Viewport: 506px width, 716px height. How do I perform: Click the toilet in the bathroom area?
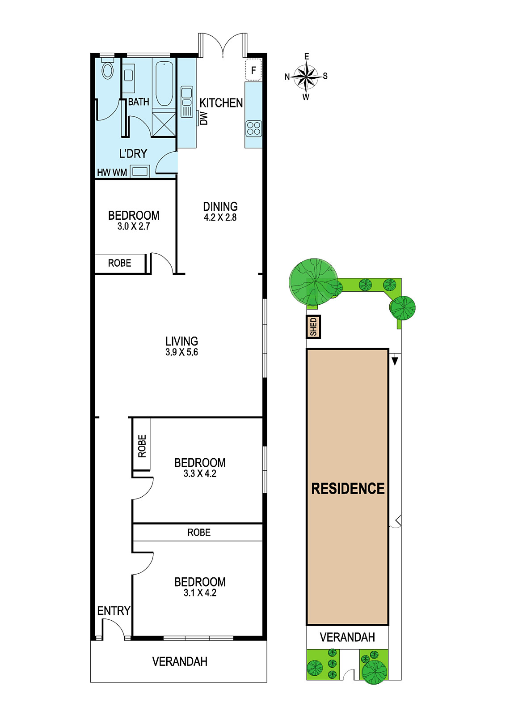point(107,68)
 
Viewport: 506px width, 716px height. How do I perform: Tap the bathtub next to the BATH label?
point(164,83)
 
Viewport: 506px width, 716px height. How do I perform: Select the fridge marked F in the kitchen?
point(253,70)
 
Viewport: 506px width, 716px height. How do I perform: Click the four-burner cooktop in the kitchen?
point(253,128)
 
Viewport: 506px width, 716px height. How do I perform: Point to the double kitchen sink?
point(186,102)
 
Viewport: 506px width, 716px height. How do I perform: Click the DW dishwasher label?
point(203,118)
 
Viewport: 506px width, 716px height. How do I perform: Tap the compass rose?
point(306,77)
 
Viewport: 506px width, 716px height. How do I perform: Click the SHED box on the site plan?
point(313,327)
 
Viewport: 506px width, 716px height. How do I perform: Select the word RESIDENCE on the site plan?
point(348,489)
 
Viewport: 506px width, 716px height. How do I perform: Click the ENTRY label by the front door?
point(114,611)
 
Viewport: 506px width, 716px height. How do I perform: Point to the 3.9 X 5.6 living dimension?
point(181,352)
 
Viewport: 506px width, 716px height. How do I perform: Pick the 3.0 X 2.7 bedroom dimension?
point(134,226)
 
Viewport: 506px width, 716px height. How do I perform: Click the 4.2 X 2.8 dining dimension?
point(220,217)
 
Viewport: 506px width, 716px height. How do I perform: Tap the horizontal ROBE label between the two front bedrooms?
point(199,532)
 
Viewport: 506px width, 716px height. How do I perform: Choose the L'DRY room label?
point(133,153)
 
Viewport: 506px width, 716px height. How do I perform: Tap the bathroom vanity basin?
point(128,76)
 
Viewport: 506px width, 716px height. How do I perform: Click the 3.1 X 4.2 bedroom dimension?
point(200,592)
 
